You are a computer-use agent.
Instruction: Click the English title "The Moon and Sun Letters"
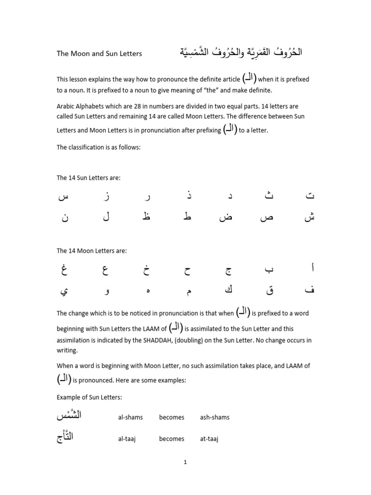pyautogui.click(x=99, y=54)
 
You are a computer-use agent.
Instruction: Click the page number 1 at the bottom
pyautogui.click(x=185, y=462)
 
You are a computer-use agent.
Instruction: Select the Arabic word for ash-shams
pyautogui.click(x=69, y=416)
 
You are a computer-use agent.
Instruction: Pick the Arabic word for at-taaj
pyautogui.click(x=65, y=437)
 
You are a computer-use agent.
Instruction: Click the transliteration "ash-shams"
pyautogui.click(x=214, y=417)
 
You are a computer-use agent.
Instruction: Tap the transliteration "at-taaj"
pyautogui.click(x=209, y=439)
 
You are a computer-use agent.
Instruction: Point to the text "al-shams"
pyautogui.click(x=130, y=417)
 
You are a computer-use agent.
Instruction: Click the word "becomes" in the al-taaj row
pyautogui.click(x=171, y=439)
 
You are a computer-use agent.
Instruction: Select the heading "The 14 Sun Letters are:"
pyautogui.click(x=88, y=178)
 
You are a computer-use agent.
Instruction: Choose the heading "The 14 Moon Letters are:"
pyautogui.click(x=91, y=251)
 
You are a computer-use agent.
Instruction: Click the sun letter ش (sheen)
pyautogui.click(x=309, y=217)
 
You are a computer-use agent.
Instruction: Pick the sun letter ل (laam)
pyautogui.click(x=106, y=217)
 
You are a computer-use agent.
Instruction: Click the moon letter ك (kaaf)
pyautogui.click(x=228, y=290)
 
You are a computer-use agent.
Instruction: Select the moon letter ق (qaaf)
pyautogui.click(x=269, y=291)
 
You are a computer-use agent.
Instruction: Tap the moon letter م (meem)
pyautogui.click(x=188, y=291)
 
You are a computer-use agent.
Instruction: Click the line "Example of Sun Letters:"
pyautogui.click(x=89, y=397)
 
